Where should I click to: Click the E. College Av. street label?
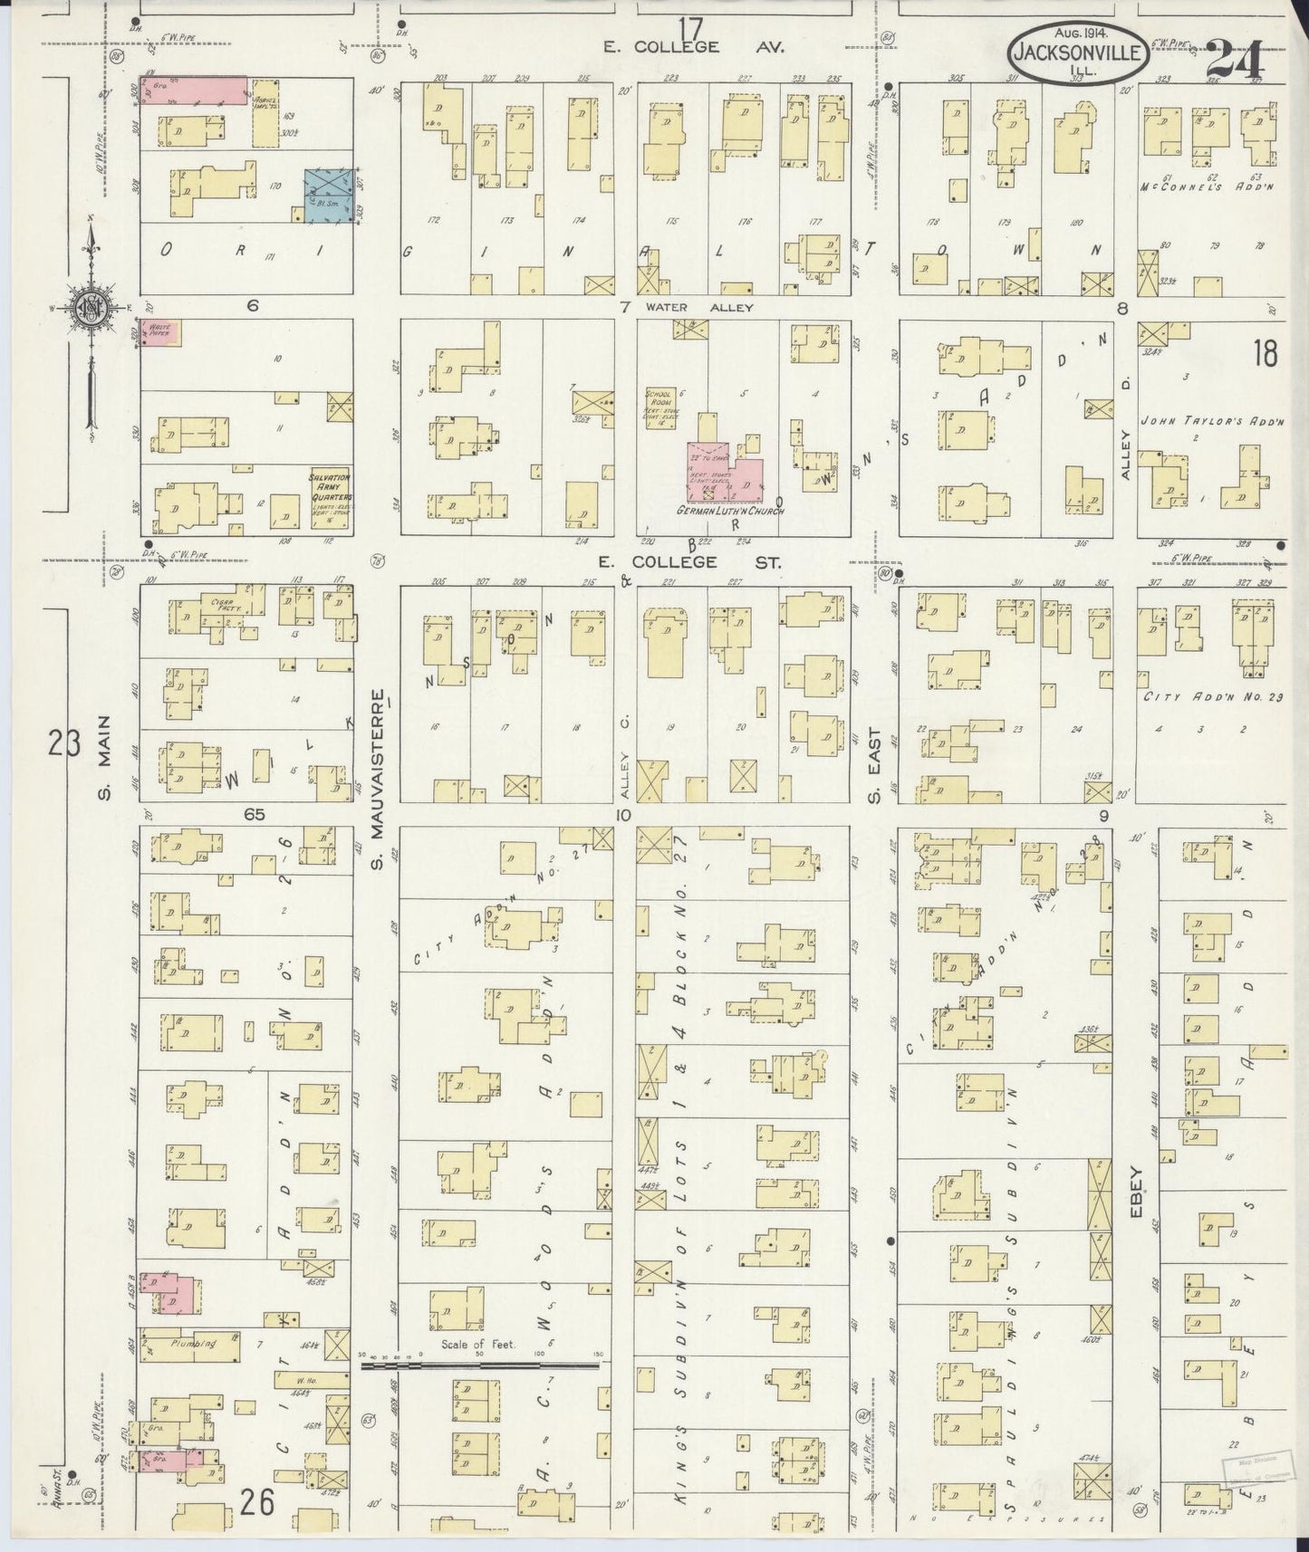point(697,46)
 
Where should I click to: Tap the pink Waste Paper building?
point(162,333)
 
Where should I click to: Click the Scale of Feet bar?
point(480,1365)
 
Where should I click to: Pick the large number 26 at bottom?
point(257,1504)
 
